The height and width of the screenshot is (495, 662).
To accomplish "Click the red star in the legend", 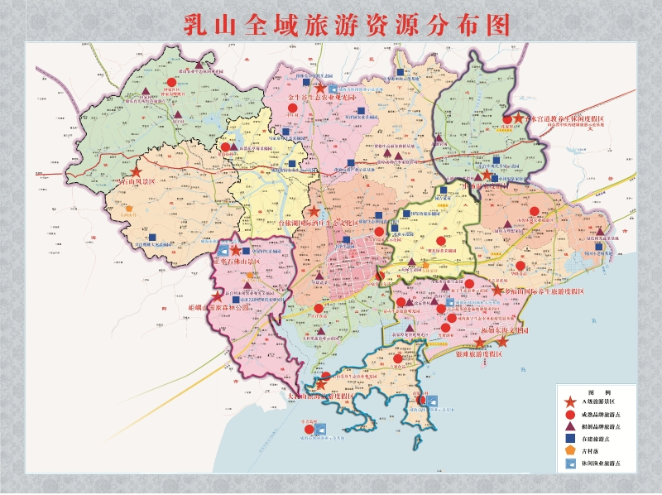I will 571,401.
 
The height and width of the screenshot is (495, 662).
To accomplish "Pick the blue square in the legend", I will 571,440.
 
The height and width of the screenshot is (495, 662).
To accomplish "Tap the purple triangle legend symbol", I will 571,426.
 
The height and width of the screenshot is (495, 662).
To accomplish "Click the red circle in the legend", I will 571,414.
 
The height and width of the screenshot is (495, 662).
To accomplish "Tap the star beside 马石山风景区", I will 137,171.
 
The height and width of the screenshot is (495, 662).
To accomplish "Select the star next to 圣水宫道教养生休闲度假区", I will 519,119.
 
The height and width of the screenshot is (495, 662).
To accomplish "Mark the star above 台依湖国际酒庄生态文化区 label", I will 314,212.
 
